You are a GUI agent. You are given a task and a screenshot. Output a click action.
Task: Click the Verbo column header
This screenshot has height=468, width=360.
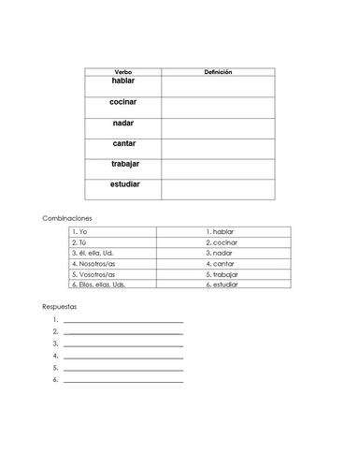coord(122,71)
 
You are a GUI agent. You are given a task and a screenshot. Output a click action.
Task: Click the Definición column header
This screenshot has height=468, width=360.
coord(218,71)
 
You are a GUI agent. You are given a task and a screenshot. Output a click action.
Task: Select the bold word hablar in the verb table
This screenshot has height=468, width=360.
coord(122,82)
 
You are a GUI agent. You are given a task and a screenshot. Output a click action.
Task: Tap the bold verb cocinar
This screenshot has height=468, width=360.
coord(122,101)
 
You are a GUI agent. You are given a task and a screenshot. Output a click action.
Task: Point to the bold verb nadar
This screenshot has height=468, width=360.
coord(122,123)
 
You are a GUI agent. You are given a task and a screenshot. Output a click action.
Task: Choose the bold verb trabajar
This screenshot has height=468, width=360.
coord(123,164)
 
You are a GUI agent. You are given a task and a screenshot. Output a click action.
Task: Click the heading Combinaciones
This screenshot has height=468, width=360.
coord(66,217)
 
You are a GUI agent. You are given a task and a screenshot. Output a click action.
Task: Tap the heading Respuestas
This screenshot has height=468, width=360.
coord(59,306)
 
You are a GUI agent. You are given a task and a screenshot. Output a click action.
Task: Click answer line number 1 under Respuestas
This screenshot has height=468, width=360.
coord(122,321)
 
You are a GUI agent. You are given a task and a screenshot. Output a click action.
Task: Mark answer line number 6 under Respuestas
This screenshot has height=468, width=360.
coord(122,380)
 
